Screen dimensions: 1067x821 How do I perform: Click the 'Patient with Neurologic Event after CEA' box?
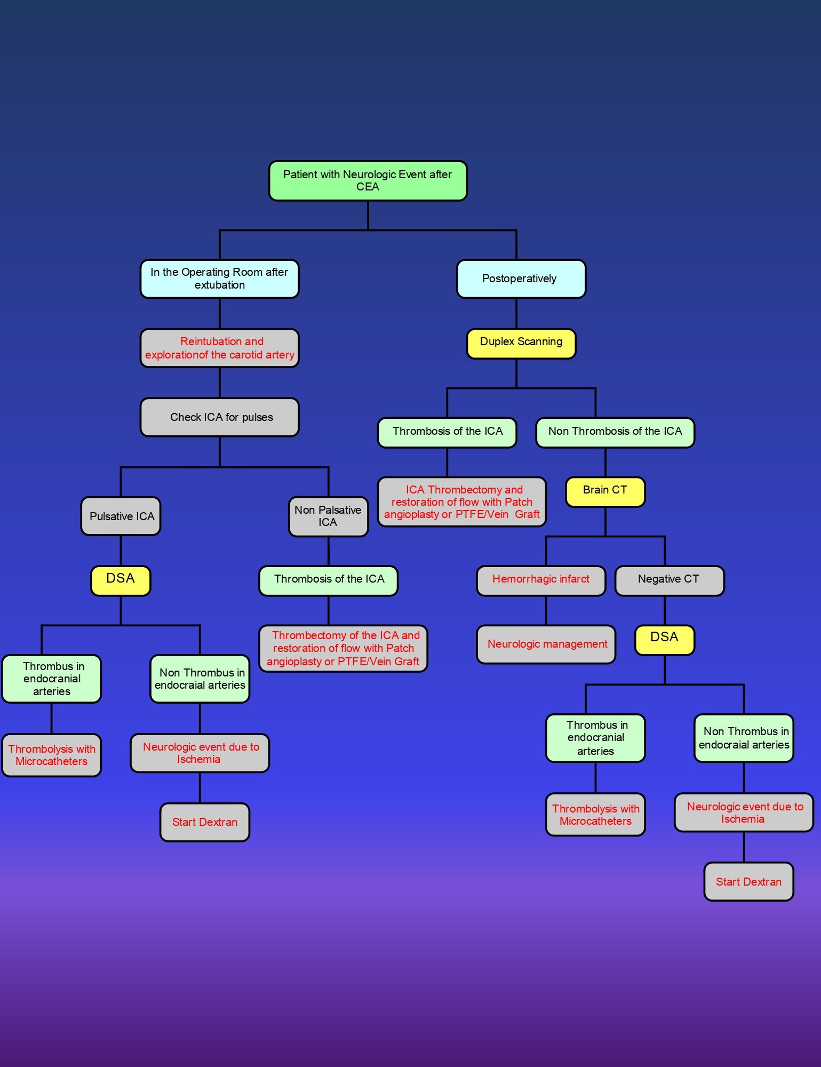click(x=368, y=181)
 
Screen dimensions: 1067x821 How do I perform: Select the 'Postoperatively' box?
click(x=521, y=278)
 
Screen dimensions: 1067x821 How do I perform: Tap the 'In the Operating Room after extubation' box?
click(x=219, y=278)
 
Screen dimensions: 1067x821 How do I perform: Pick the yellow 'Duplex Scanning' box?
click(x=521, y=343)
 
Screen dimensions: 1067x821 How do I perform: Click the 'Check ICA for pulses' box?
click(x=219, y=417)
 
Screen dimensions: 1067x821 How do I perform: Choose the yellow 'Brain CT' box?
click(x=605, y=491)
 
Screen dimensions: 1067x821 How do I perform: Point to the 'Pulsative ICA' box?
click(x=121, y=516)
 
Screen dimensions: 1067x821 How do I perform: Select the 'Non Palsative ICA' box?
click(x=328, y=516)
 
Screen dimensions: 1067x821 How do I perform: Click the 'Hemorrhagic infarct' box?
click(x=540, y=580)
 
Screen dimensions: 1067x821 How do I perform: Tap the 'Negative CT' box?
click(x=669, y=580)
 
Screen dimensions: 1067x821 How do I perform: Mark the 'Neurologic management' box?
click(x=546, y=644)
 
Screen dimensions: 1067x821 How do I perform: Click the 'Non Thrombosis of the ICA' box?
click(x=615, y=432)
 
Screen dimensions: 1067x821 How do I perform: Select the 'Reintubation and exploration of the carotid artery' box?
click(x=219, y=348)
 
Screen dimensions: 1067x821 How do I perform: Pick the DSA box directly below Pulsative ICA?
click(x=121, y=580)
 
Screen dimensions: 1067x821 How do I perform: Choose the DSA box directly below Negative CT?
click(x=664, y=639)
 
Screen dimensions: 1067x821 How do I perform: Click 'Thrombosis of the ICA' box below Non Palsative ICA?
click(x=328, y=580)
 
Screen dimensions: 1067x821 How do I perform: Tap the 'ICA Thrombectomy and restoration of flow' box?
click(x=461, y=501)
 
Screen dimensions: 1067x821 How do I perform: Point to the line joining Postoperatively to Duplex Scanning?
click(x=516, y=313)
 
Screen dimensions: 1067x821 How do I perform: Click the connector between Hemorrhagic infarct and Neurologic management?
click(x=546, y=610)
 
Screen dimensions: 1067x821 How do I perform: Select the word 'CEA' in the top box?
click(x=368, y=187)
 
